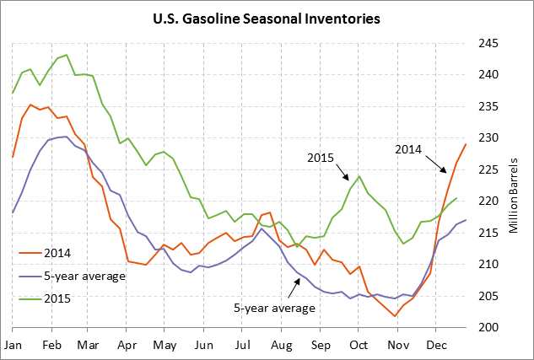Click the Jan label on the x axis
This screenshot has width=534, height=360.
[13, 345]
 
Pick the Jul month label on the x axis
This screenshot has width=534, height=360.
[242, 345]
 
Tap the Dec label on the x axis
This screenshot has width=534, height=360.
[436, 345]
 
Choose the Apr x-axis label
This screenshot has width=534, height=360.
[127, 345]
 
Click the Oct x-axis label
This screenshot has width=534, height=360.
[359, 345]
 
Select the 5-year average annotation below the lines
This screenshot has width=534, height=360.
[274, 308]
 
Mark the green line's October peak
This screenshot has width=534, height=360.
[360, 176]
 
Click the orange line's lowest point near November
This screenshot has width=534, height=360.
[395, 316]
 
